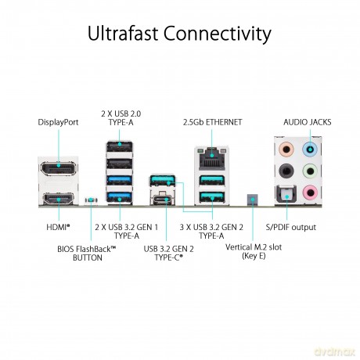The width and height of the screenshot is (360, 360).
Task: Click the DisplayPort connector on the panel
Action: coord(59,168)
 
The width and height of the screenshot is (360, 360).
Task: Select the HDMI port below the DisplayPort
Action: coord(59,199)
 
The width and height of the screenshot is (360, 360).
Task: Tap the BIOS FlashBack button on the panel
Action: coord(91,200)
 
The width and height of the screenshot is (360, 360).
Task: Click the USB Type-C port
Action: coord(163,200)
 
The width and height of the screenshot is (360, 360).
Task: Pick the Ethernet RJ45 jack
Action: coord(211,158)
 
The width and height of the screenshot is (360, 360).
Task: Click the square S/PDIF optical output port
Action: coord(286,193)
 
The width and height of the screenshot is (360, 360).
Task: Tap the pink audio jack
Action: coord(310,193)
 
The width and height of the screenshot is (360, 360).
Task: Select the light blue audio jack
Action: coord(310,149)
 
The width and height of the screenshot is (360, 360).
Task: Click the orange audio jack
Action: coord(286,149)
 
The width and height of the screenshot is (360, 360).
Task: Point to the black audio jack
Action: coord(286,171)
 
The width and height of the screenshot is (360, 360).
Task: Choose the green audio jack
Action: coord(310,171)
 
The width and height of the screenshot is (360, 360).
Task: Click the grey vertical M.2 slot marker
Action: coord(252,200)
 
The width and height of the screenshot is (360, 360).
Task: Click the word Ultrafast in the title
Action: coord(123,34)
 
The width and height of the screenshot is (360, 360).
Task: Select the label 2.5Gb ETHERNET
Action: coord(212,122)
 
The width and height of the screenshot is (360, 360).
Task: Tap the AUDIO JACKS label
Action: coord(308,122)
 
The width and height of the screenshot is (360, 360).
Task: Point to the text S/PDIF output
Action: coord(291,227)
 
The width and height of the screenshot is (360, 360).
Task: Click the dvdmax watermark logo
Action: coord(335,351)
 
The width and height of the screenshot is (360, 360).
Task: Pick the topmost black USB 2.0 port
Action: coord(120,146)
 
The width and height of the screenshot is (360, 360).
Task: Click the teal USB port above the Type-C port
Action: coord(162,180)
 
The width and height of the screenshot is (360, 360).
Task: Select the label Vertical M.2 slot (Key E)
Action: coord(254,251)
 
